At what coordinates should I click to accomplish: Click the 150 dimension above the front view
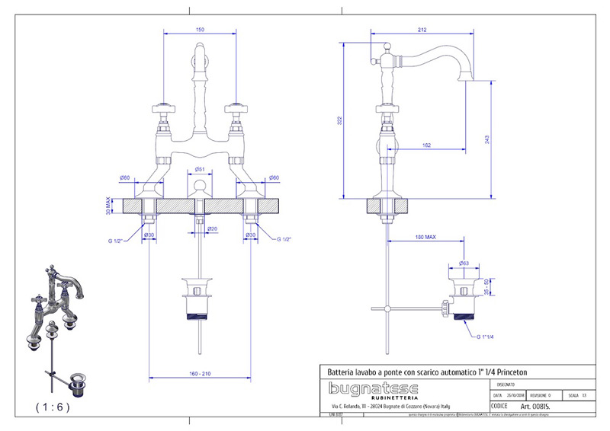(x=201, y=30)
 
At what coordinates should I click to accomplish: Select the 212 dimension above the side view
(x=422, y=30)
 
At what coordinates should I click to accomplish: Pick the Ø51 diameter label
(x=199, y=169)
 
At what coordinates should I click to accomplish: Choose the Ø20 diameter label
(x=212, y=228)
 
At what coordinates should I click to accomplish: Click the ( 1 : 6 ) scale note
(x=53, y=407)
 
